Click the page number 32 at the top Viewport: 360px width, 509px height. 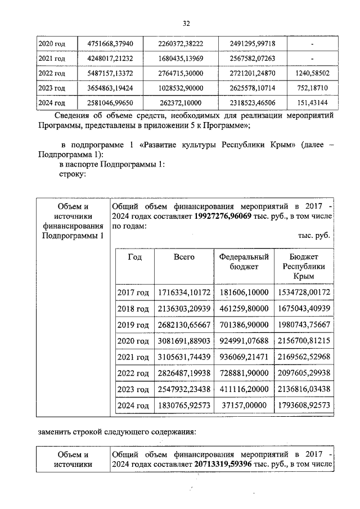coord(186,23)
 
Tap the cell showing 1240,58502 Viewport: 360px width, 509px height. coord(312,73)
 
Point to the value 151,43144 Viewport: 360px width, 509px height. coord(312,103)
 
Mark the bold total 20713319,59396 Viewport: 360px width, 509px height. coord(230,465)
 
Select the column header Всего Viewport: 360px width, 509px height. coord(184,257)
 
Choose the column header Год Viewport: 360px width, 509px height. coord(134,257)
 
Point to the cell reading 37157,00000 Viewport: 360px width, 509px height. coord(244,405)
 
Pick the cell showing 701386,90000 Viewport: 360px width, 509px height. coord(244,325)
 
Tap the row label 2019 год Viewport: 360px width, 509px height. coord(133,325)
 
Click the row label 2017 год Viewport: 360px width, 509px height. coord(133,292)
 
